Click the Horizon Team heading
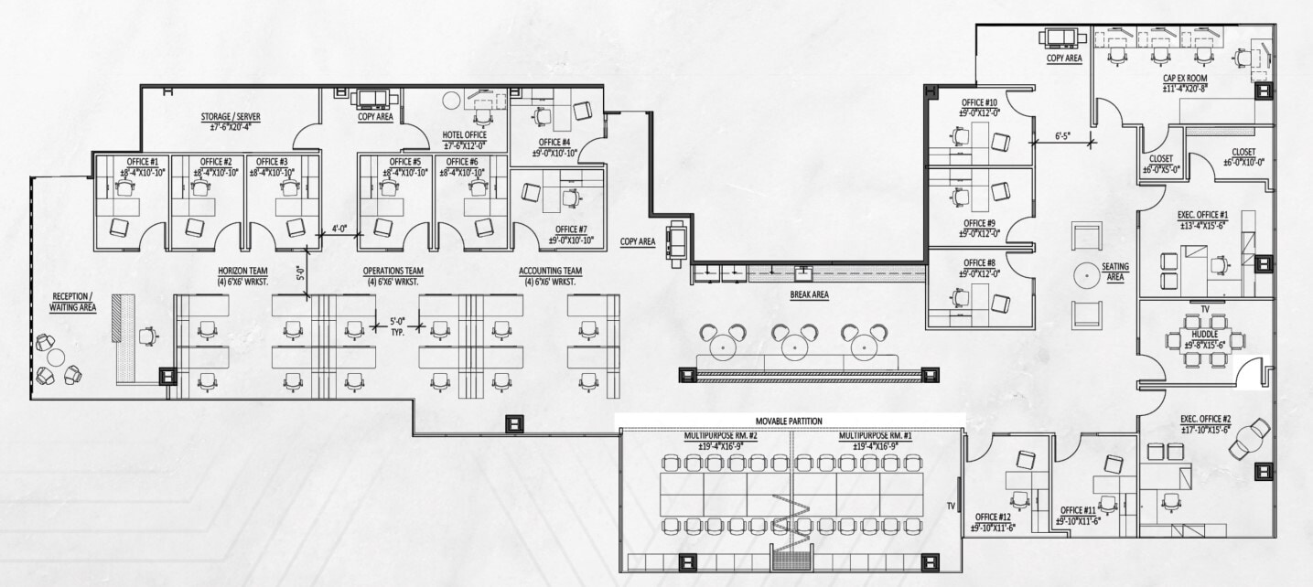click(242, 272)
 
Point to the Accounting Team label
click(550, 272)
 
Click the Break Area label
click(809, 295)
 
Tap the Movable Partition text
click(789, 421)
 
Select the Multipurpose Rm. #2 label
click(721, 436)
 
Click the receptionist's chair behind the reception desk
click(147, 336)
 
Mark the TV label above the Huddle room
click(1204, 309)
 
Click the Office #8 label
click(979, 262)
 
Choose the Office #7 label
click(571, 229)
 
